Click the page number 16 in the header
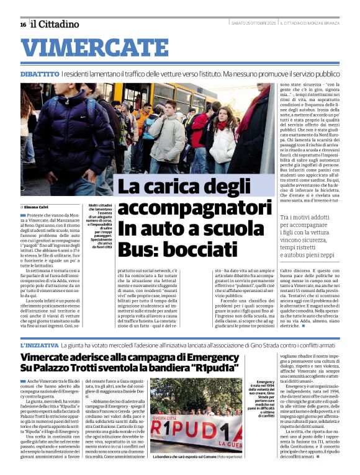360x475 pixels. pyautogui.click(x=23, y=24)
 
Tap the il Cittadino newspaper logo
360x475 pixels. pyautogui.click(x=55, y=24)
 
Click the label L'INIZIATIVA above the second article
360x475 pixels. pyautogui.click(x=40, y=344)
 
